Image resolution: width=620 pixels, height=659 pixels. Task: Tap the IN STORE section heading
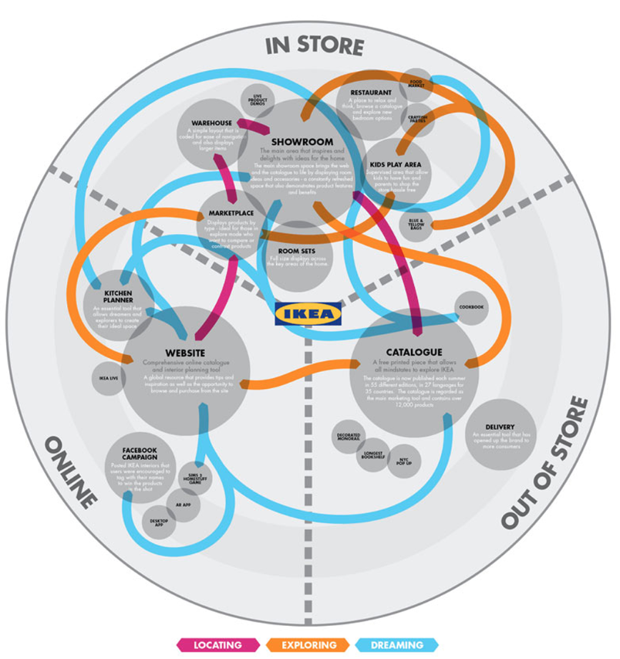tap(314, 45)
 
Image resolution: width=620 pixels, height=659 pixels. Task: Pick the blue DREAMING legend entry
tap(397, 644)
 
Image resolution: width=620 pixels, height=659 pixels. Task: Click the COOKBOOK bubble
tap(470, 307)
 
